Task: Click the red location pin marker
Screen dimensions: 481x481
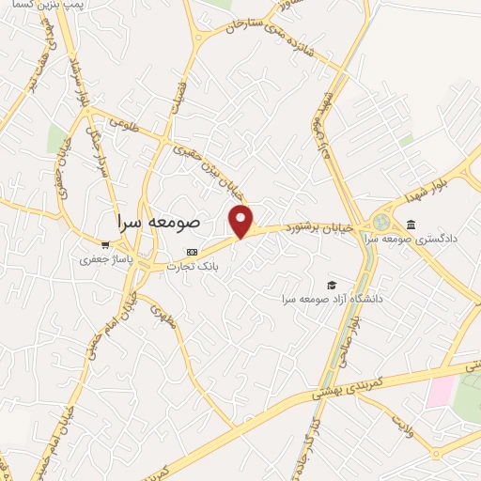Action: point(241,221)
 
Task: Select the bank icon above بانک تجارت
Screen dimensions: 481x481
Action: point(192,253)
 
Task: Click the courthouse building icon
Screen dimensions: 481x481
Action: point(411,224)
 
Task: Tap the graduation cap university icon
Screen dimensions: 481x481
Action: point(331,285)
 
